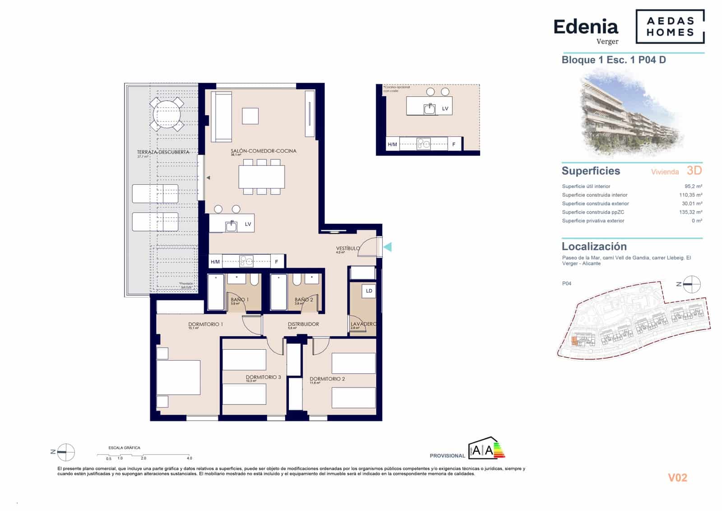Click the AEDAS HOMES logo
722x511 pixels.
[670, 27]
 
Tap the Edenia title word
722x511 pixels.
[585, 27]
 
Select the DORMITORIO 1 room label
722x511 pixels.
[205, 324]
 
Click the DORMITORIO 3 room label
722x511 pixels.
[263, 377]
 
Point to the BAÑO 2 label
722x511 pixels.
[304, 300]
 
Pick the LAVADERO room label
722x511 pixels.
[363, 324]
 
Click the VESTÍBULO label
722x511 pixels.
[348, 248]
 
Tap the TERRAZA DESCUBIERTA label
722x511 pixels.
[163, 152]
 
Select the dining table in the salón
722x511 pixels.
[262, 177]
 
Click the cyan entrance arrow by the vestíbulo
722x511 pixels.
[387, 247]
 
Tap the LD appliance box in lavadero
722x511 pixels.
[369, 291]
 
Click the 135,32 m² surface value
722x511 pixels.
[690, 212]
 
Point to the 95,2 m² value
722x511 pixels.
[693, 186]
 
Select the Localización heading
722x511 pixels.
[594, 247]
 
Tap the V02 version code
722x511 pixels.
[677, 478]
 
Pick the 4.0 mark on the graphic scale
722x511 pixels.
[190, 458]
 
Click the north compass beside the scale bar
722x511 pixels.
[66, 452]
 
